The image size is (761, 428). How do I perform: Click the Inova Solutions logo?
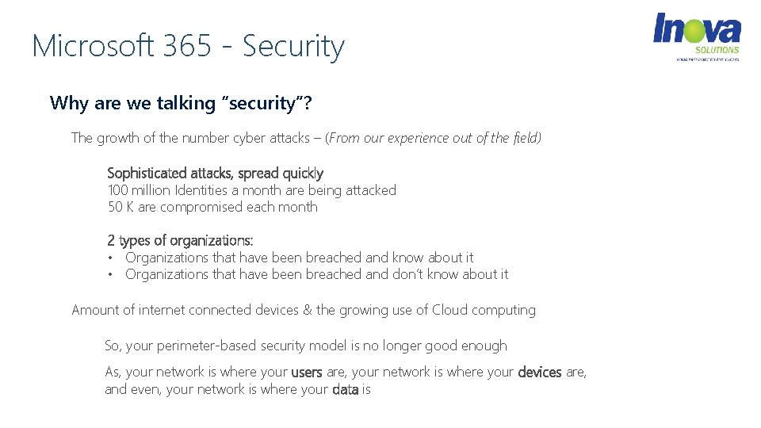[696, 36]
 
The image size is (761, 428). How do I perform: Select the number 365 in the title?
[187, 46]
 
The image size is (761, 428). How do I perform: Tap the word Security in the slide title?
[293, 46]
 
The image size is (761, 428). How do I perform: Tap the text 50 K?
[120, 207]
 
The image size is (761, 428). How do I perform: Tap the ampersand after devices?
[308, 310]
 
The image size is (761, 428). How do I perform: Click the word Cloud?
[449, 310]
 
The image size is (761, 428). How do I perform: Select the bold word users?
[306, 372]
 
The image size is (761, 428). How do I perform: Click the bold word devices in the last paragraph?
[539, 372]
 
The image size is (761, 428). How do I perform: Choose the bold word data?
[345, 389]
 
